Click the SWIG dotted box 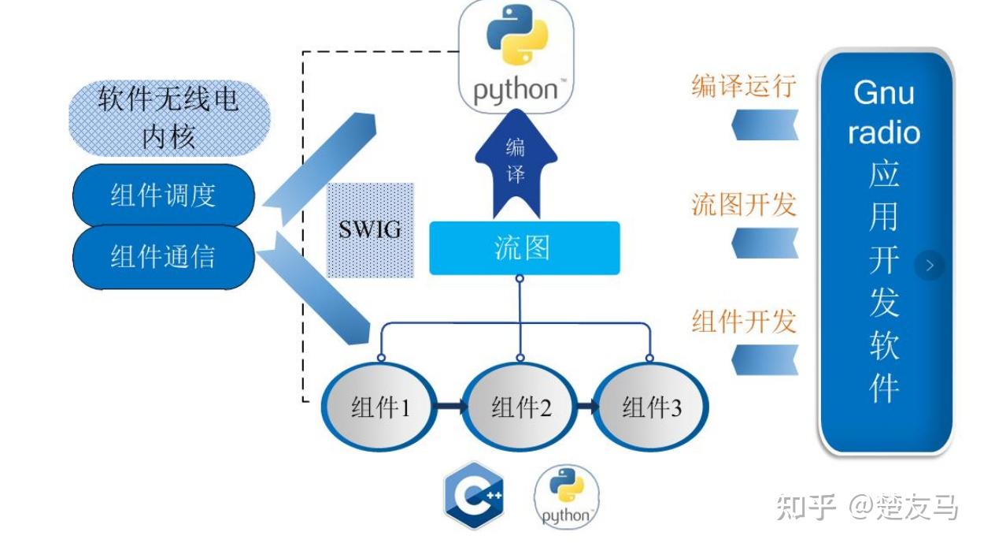(370, 230)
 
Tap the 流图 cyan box (524, 248)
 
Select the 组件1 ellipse (379, 407)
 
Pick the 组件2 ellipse (520, 407)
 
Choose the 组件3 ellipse (650, 407)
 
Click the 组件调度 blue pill (164, 195)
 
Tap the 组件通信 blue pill (164, 257)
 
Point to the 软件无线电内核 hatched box (169, 118)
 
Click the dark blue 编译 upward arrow (516, 164)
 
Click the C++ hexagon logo (474, 495)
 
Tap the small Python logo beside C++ (566, 497)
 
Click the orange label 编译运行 (744, 86)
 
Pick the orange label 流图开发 (744, 204)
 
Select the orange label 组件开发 (744, 322)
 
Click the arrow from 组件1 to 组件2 (450, 406)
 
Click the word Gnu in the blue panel (884, 92)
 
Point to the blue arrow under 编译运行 (765, 125)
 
